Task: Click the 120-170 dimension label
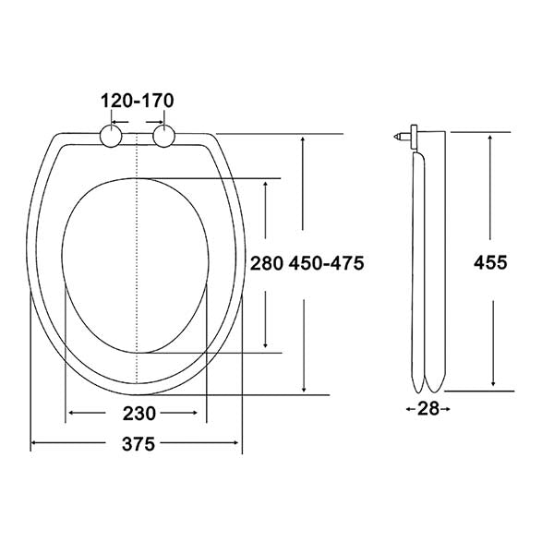click(137, 100)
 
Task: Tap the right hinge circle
click(164, 138)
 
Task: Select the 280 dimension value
click(265, 263)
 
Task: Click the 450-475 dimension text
click(326, 263)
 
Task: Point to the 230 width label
click(137, 413)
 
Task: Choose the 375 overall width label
click(137, 444)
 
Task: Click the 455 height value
click(490, 262)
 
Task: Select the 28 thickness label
click(428, 408)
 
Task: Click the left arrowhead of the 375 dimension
click(35, 444)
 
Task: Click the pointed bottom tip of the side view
click(425, 390)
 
